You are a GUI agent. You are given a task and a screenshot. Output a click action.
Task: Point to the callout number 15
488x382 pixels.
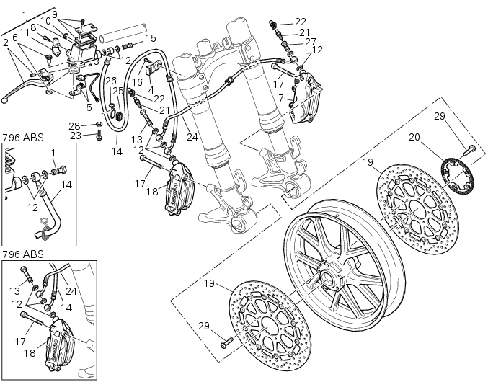(x=150, y=37)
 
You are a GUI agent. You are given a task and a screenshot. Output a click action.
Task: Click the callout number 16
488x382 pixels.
(x=137, y=82)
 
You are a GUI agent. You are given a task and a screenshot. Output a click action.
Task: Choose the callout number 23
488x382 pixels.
(x=96, y=135)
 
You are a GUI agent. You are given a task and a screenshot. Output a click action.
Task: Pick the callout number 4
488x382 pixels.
(x=152, y=90)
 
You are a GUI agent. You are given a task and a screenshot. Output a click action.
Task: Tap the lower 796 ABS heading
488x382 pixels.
(x=21, y=255)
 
